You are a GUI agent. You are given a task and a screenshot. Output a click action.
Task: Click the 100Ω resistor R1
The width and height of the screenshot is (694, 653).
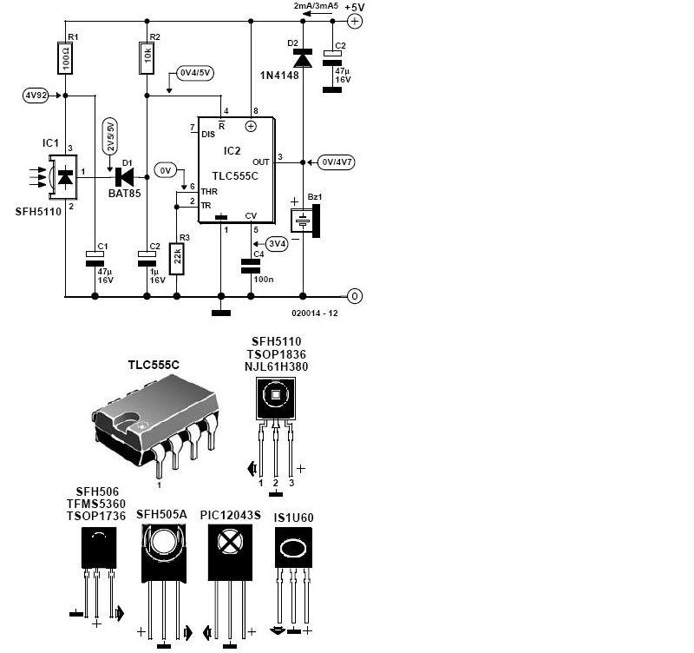pos(65,57)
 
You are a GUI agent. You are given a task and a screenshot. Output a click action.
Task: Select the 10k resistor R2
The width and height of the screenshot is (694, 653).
pos(147,58)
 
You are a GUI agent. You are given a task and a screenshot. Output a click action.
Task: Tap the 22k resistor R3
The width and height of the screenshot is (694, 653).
pos(177,259)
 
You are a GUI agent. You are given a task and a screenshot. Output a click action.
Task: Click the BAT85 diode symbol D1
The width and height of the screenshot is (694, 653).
pos(124,177)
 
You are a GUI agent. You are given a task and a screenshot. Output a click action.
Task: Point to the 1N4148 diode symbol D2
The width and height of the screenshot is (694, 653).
pos(303,58)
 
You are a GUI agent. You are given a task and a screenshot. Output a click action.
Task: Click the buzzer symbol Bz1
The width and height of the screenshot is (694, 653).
pos(305,221)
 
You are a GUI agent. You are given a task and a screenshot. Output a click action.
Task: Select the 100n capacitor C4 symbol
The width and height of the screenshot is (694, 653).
pos(251,267)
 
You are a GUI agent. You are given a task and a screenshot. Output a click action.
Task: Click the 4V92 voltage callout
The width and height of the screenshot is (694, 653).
pos(36,96)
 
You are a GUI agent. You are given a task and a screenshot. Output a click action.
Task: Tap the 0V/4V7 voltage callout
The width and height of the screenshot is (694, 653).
pos(337,162)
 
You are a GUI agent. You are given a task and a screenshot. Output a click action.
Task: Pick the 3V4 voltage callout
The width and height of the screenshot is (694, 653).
pos(277,244)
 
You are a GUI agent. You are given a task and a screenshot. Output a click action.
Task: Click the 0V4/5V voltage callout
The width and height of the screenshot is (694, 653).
pos(194,73)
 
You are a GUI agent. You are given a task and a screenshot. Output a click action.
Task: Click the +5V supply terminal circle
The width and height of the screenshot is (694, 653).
pos(355,21)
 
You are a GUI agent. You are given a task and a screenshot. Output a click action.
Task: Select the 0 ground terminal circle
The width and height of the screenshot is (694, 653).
pos(355,296)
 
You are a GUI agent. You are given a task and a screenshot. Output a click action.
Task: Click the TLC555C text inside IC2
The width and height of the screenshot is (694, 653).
pos(234,176)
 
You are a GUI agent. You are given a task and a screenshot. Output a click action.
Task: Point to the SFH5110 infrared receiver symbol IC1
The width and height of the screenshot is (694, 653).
pos(62,176)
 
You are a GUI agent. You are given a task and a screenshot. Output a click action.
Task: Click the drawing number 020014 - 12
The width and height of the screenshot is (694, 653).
pos(315,313)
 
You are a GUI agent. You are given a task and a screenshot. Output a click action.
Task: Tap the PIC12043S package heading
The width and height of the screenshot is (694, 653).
pos(230,515)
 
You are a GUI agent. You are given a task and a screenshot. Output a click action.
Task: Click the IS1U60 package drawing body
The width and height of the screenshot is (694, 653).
pos(293,548)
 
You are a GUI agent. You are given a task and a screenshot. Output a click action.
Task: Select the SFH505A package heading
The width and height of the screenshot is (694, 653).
pos(161,514)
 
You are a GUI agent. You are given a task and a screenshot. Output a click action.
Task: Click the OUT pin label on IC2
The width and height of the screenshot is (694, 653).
pos(261,162)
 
